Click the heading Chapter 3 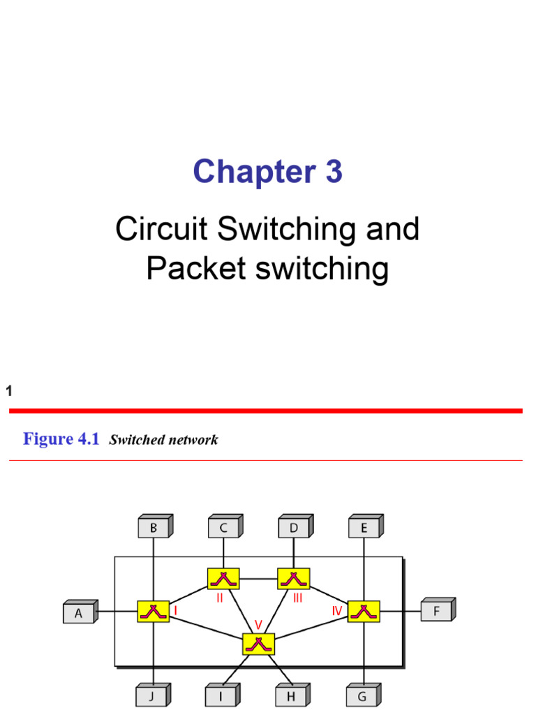pyautogui.click(x=267, y=172)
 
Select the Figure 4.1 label pyautogui.click(x=61, y=439)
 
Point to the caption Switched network pyautogui.click(x=163, y=440)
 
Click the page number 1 pyautogui.click(x=9, y=392)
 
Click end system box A pyautogui.click(x=79, y=613)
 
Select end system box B pyautogui.click(x=153, y=529)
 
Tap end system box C pyautogui.click(x=223, y=529)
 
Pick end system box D pyautogui.click(x=294, y=529)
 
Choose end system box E pyautogui.click(x=364, y=529)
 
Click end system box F pyautogui.click(x=435, y=612)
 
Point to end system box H pyautogui.click(x=291, y=696)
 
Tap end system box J pyautogui.click(x=152, y=696)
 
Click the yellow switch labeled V pyautogui.click(x=258, y=644)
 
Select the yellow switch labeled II pyautogui.click(x=223, y=578)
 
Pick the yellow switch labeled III pyautogui.click(x=294, y=578)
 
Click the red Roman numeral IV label pyautogui.click(x=338, y=610)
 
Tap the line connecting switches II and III pyautogui.click(x=258, y=578)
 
